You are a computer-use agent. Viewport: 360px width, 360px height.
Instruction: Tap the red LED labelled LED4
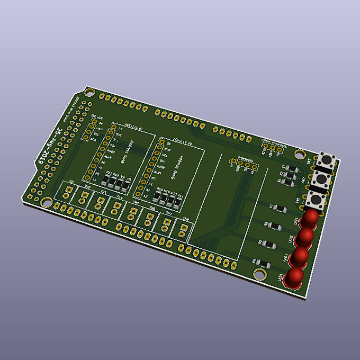(x=311, y=218)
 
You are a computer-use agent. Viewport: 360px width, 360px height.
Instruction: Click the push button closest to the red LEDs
(x=317, y=201)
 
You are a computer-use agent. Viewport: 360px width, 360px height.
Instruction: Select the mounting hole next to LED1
(x=259, y=274)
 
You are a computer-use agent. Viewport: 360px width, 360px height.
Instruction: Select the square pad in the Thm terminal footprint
(x=183, y=229)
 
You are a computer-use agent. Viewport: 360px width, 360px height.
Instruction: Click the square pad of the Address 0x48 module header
(x=113, y=127)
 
